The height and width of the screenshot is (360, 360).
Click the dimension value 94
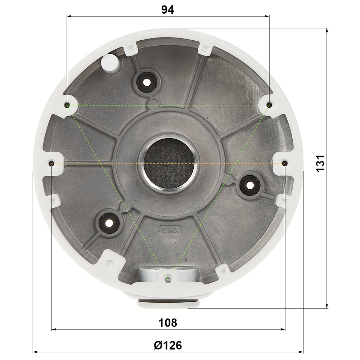(168, 10)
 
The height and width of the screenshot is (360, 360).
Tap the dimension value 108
(168, 323)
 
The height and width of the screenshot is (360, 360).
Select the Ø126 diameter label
(168, 345)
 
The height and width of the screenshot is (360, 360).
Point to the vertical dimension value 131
(320, 163)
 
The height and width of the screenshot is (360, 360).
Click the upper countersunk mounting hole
(146, 82)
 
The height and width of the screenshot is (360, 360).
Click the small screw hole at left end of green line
(67, 105)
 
